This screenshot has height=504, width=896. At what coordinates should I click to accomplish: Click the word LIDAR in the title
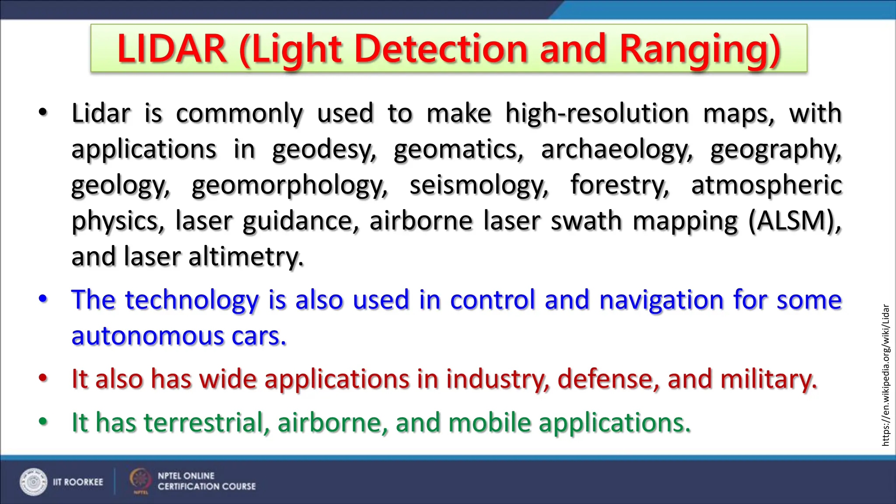point(171,49)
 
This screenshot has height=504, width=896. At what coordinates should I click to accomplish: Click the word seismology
point(479,185)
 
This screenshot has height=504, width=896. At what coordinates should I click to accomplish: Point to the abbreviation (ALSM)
point(794,220)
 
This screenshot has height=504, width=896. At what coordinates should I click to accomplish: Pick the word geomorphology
point(290,185)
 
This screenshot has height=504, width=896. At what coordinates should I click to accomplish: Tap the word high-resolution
point(597,114)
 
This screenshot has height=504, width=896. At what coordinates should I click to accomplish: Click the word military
point(768,379)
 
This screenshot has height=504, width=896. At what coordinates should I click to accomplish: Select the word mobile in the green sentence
point(490,423)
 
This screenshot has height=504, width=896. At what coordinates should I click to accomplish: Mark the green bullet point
point(43,422)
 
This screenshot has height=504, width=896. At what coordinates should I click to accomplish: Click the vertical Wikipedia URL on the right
point(885,375)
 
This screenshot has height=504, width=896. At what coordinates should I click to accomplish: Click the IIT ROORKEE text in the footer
point(78,482)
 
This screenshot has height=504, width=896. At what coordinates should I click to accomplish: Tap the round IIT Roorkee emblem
point(33,482)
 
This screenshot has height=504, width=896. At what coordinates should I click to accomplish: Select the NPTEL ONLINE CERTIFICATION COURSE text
point(206,481)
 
